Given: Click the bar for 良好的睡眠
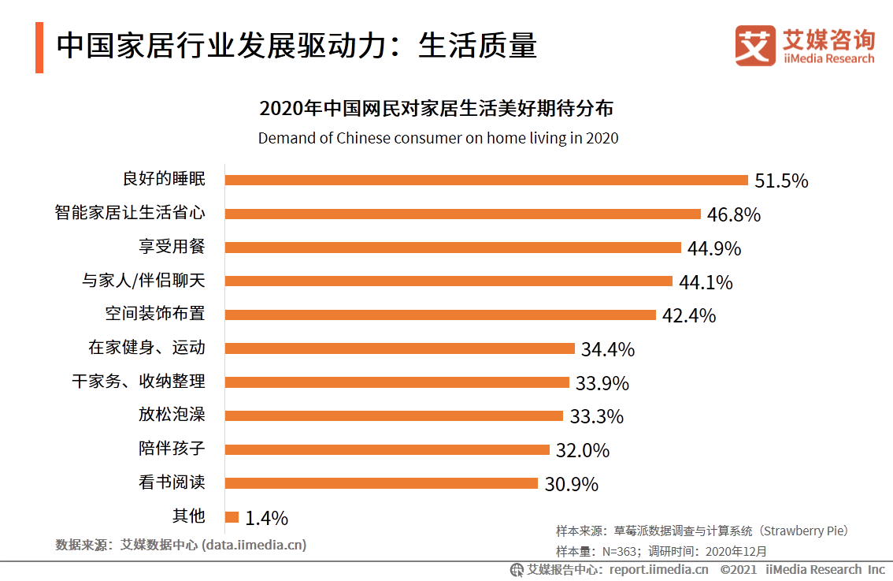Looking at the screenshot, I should click(x=486, y=180).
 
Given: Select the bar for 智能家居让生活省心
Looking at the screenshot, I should click(x=462, y=214).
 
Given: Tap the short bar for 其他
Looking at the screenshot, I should click(x=232, y=517).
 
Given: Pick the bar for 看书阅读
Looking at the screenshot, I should click(x=381, y=483).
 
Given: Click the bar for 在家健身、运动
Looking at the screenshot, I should click(x=399, y=348).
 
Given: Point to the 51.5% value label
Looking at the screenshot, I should click(x=781, y=181).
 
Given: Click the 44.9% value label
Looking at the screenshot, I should click(x=714, y=248).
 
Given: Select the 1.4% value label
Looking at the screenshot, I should click(x=266, y=518).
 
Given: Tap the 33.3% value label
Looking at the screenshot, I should click(x=596, y=416).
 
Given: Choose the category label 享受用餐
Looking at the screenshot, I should click(x=172, y=247).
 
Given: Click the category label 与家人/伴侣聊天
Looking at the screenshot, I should click(x=143, y=281).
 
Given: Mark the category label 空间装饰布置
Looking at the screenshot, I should click(x=155, y=314).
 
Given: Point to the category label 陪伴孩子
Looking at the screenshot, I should click(x=172, y=449).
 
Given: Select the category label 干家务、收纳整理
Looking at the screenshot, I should click(x=139, y=382).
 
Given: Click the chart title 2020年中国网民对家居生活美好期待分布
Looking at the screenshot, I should click(x=436, y=108).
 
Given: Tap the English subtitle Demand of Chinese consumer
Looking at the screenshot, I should click(x=438, y=138).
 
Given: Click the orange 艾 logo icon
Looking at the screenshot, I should click(x=755, y=46).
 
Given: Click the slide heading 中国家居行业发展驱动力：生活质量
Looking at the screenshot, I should click(x=296, y=46).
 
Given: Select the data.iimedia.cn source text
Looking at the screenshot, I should click(x=254, y=545).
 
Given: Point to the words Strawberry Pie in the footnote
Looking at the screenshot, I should click(x=804, y=531).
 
